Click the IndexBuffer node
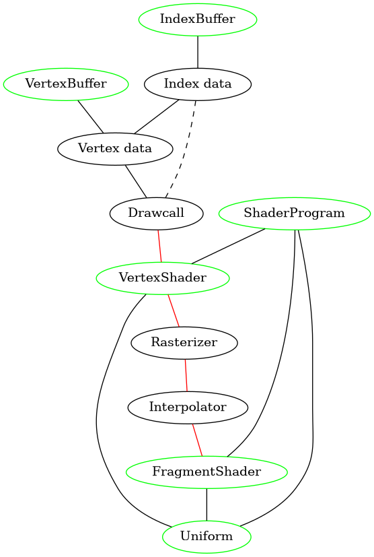point(197,19)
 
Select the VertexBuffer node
point(66,84)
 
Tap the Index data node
point(198,84)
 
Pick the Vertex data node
point(114,148)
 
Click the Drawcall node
point(156,213)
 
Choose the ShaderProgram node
point(295,214)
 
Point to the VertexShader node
point(163,277)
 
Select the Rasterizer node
point(184,342)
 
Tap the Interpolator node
point(188,407)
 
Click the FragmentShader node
point(207,471)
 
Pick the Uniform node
point(207,536)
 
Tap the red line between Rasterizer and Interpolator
point(186,374)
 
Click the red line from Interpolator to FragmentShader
point(197,439)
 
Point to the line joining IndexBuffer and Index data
point(197,51)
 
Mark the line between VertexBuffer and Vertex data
point(90,116)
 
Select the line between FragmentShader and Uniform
point(207,504)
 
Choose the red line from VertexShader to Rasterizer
point(174,310)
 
